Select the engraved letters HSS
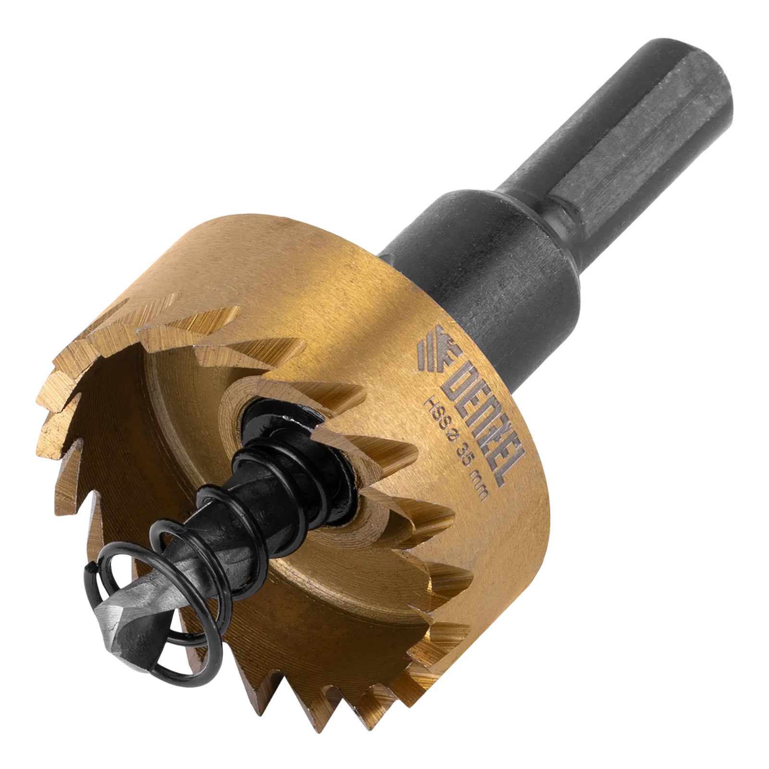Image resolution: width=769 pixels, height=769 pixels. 436,414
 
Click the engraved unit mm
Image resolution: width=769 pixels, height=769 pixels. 478,486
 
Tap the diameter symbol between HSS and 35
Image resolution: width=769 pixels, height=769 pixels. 451,438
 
